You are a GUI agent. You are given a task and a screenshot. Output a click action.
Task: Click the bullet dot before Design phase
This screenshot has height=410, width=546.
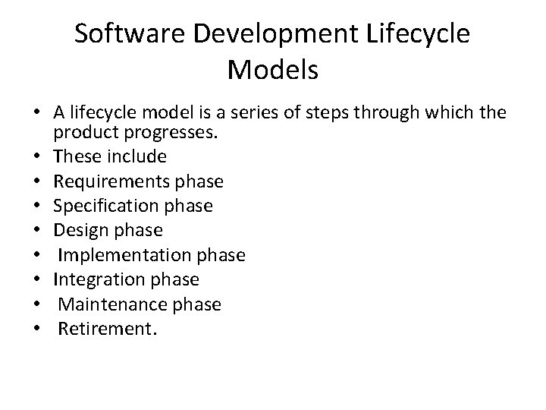click(x=36, y=231)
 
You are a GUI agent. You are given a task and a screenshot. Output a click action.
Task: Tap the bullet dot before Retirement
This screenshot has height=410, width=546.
click(x=36, y=330)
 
